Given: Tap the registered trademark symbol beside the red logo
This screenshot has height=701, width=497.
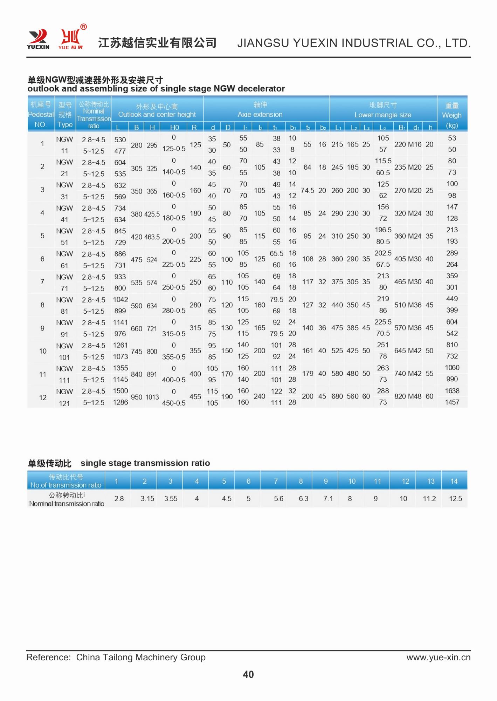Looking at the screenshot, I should click(83, 27).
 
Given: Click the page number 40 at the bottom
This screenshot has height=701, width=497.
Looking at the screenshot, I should click(248, 674).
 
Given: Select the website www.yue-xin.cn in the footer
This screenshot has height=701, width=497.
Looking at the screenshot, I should click(438, 657).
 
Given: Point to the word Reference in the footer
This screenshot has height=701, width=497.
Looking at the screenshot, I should click(48, 657).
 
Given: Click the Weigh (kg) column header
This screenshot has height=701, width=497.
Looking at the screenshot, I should click(452, 115).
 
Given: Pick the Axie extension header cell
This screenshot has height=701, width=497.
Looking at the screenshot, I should click(260, 109).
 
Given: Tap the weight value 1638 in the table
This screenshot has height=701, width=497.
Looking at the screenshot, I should click(452, 391).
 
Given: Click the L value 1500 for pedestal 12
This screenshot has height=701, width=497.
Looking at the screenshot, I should click(120, 391).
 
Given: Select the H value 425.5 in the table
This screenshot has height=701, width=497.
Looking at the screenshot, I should click(152, 214).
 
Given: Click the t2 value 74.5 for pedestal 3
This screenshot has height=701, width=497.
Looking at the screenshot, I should click(307, 190).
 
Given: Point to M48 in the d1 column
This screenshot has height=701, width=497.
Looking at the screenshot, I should click(415, 396).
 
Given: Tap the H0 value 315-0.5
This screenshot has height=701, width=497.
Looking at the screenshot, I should click(174, 334).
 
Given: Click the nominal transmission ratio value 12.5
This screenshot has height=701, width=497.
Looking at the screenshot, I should click(455, 498).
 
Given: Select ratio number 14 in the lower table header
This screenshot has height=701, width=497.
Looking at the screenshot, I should click(454, 481).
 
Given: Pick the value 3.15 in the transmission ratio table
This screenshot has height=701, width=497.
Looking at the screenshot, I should click(147, 498).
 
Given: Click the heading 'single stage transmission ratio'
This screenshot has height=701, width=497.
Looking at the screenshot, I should click(145, 463).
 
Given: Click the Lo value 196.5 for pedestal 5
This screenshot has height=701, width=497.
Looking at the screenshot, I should click(383, 230).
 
